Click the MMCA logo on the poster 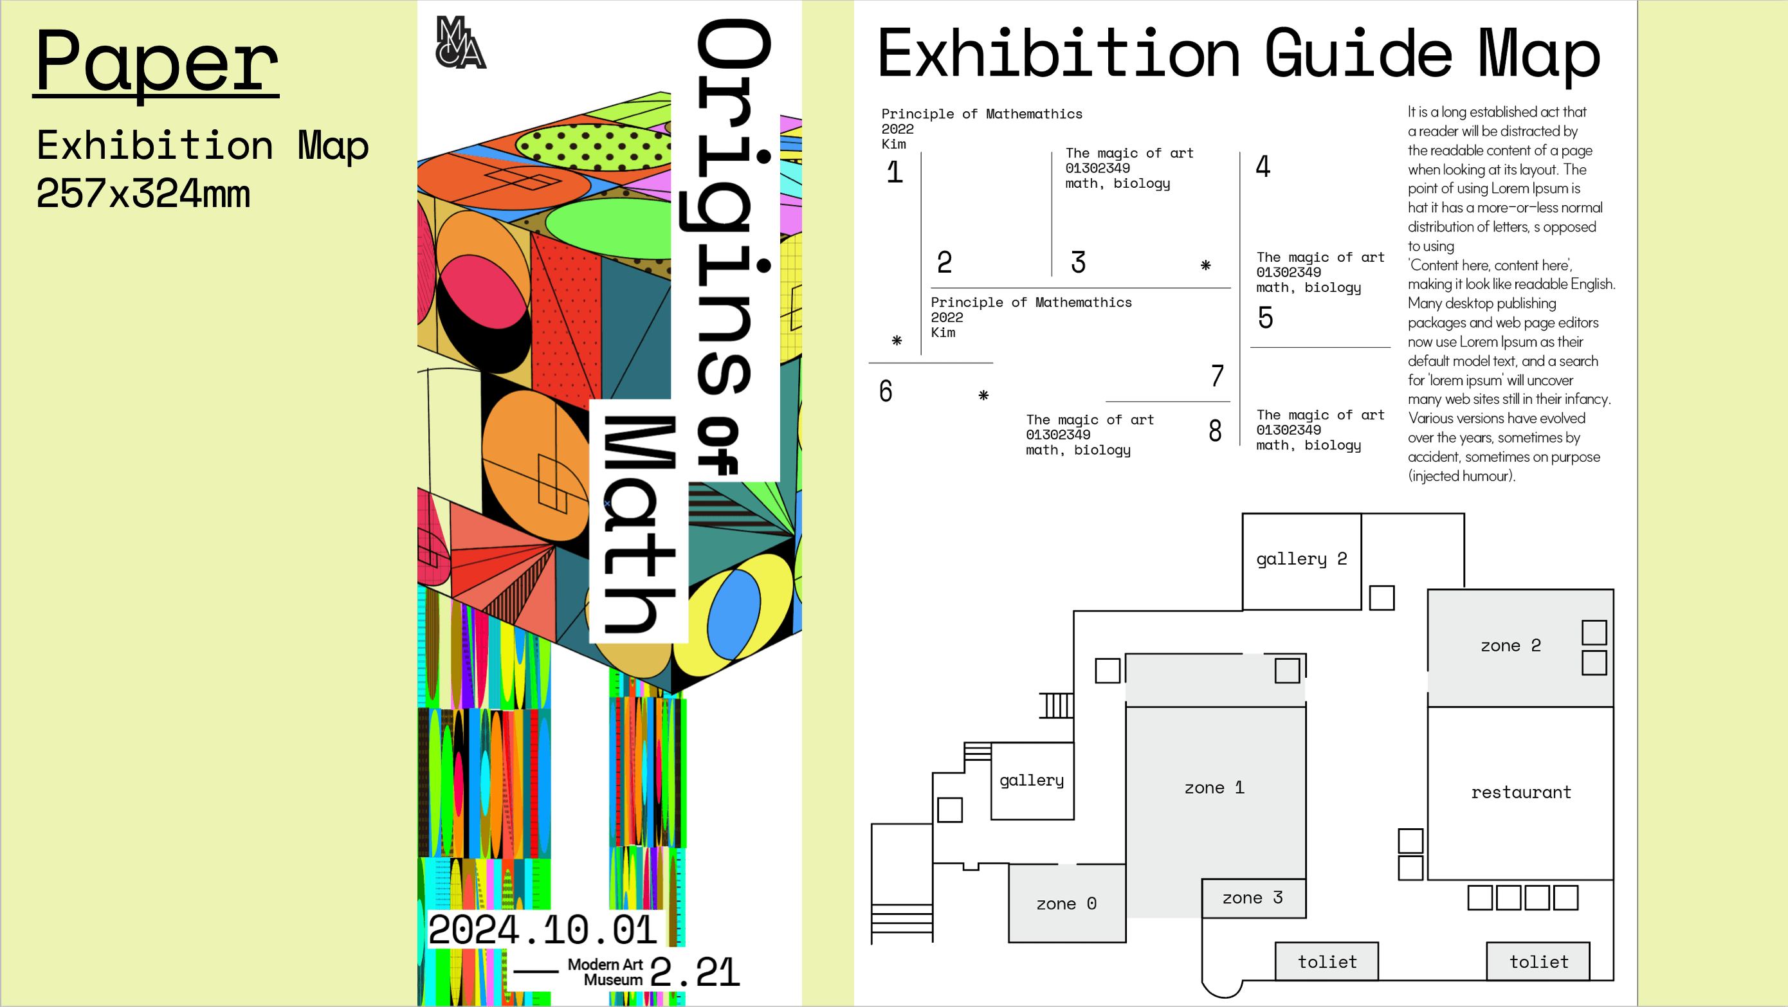(461, 43)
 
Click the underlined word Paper (157, 62)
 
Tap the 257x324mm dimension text (143, 194)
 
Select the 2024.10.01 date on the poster (543, 930)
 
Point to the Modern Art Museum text (605, 972)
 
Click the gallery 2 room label (1301, 559)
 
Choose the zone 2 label (1510, 646)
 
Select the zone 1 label (1214, 788)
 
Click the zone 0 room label (1066, 903)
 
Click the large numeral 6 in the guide (886, 392)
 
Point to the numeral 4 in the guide (1263, 167)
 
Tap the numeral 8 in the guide (1215, 431)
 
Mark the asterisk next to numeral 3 (1206, 265)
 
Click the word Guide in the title (1358, 54)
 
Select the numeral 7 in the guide (1217, 376)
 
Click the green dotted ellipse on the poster (594, 145)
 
